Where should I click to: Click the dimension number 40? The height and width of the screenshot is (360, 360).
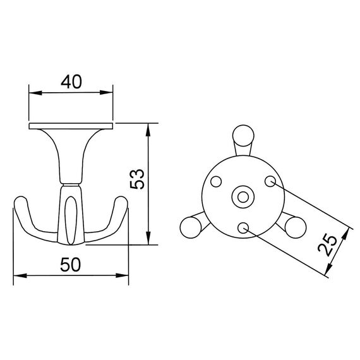pyautogui.click(x=72, y=81)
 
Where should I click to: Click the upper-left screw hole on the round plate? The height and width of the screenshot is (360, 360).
pyautogui.click(x=215, y=182)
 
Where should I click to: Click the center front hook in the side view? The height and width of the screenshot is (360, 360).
pyautogui.click(x=71, y=218)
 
